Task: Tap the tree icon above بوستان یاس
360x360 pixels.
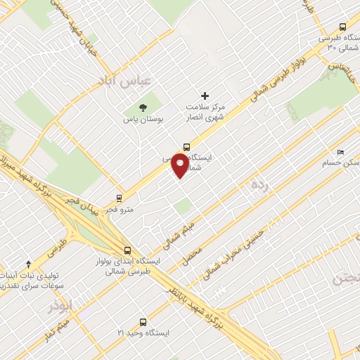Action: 143,108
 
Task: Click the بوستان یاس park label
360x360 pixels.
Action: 143,120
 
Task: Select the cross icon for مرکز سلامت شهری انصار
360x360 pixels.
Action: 205,96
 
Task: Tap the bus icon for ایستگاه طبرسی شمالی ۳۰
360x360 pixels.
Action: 343,27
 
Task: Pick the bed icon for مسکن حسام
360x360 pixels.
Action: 341,153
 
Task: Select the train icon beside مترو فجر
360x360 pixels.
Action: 120,198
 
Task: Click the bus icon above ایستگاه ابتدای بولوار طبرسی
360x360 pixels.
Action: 127,250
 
